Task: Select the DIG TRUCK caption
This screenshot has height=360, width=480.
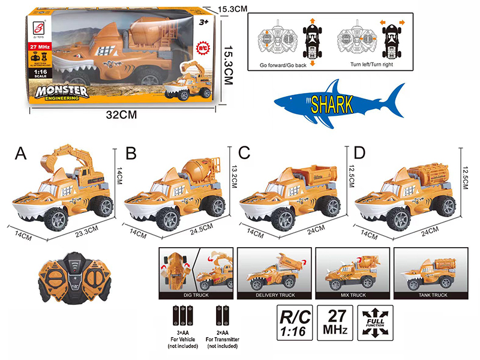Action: (x=194, y=296)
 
